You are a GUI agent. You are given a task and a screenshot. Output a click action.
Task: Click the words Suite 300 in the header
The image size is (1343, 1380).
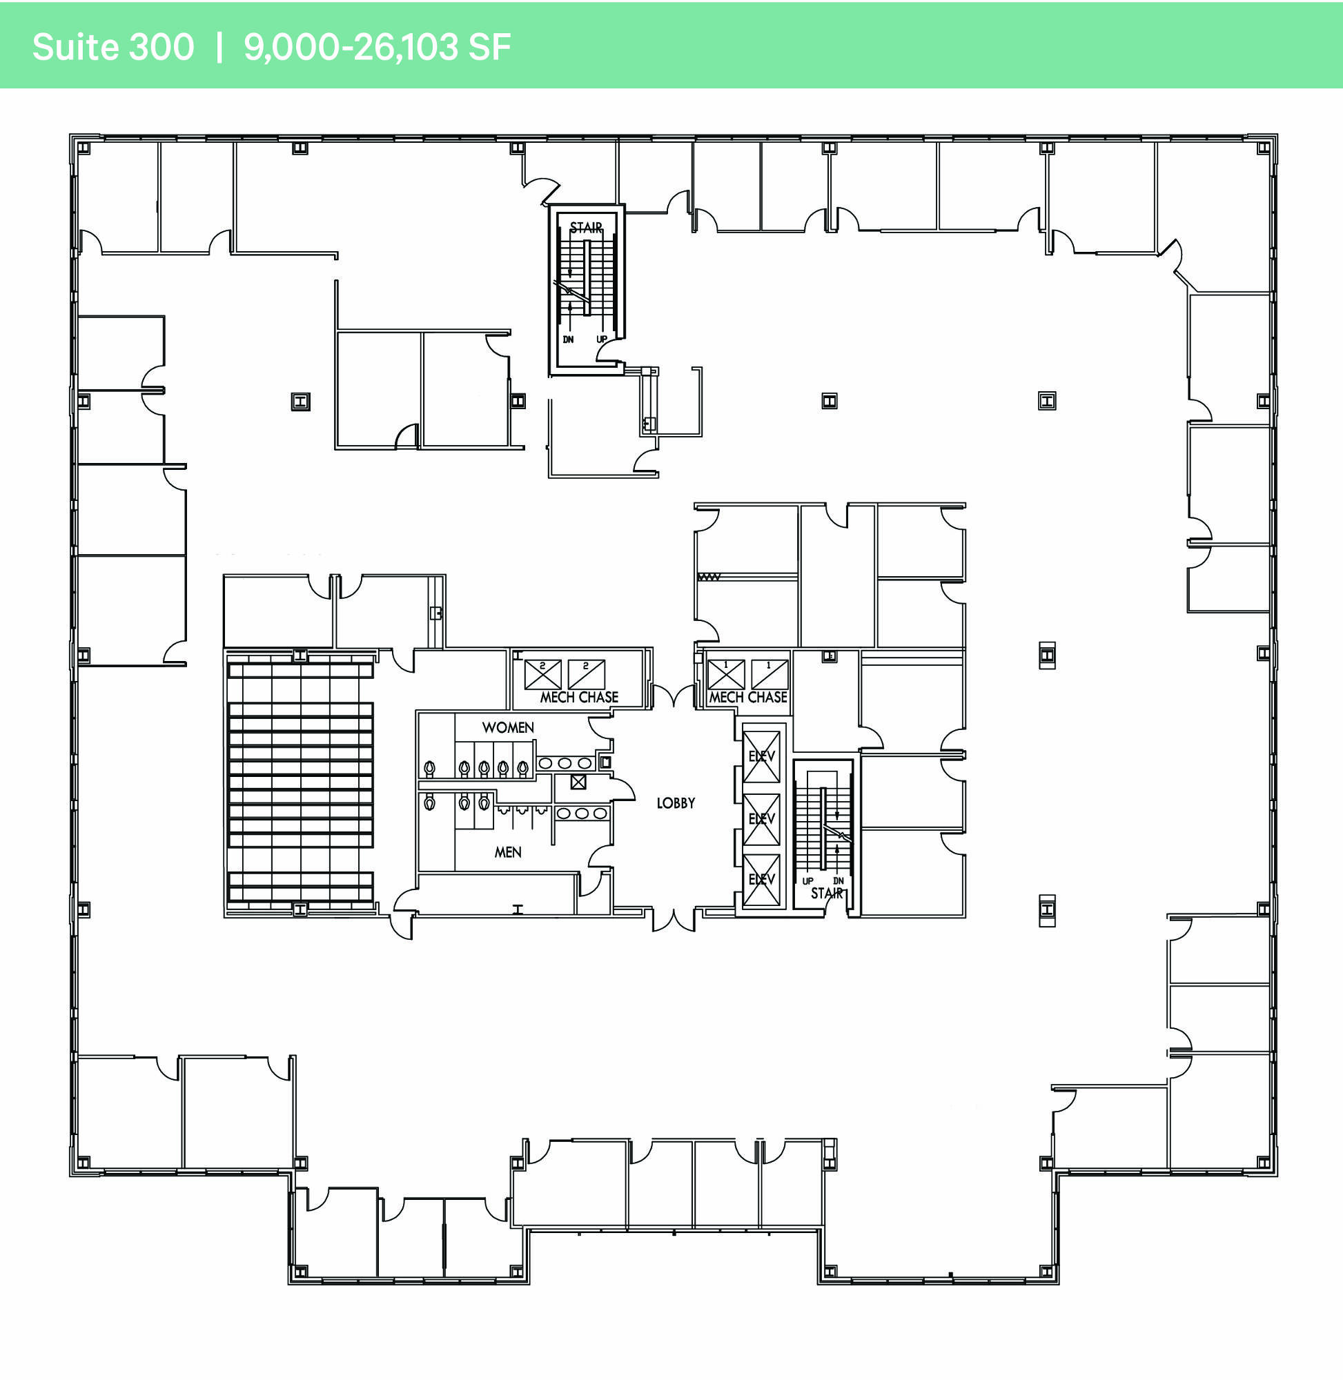point(113,47)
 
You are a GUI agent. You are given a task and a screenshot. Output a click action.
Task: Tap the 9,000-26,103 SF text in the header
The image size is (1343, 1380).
point(377,47)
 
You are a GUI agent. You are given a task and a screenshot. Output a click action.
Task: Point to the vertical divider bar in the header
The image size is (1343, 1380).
point(219,47)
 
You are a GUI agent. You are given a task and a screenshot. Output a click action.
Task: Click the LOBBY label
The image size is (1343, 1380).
point(676,803)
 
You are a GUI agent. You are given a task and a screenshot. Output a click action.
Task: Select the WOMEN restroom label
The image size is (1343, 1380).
point(508,728)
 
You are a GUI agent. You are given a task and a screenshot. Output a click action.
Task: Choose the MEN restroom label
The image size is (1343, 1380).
point(508,853)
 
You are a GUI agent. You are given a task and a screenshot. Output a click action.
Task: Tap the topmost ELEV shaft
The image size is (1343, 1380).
point(762,757)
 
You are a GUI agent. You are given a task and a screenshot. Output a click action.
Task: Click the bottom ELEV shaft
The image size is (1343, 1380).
point(762,880)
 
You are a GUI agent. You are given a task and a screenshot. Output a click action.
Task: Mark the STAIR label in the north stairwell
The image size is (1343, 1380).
point(586,228)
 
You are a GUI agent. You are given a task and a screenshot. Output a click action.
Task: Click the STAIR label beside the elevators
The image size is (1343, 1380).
point(827,894)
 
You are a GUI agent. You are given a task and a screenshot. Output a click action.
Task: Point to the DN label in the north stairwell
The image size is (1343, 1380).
point(569,340)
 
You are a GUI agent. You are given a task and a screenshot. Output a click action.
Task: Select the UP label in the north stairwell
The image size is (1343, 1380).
point(602,340)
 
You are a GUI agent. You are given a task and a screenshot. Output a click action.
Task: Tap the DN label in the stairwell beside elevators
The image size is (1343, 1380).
point(839,880)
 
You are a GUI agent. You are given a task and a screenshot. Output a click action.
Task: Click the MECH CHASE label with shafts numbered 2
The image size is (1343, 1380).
point(579,698)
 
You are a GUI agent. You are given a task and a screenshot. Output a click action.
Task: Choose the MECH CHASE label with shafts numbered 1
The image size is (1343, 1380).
point(747,698)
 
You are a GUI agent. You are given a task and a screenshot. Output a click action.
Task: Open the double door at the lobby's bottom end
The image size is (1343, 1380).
point(674,921)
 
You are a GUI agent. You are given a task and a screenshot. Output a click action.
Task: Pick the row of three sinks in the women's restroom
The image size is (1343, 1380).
point(565,763)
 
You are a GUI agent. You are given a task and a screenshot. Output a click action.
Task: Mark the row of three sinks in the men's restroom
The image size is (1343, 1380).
point(582,814)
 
